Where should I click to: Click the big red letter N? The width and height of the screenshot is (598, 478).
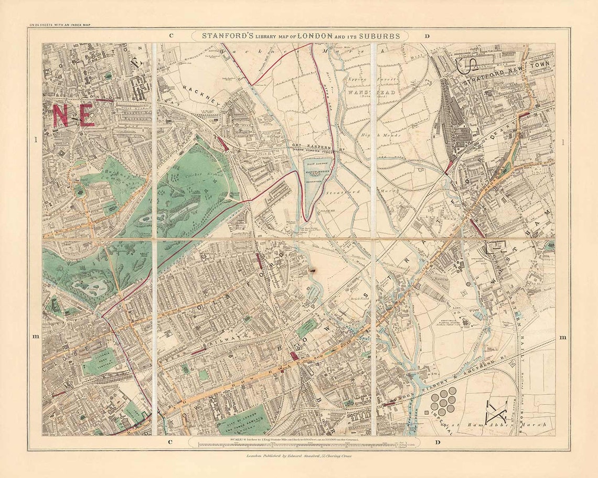click(x=60, y=115)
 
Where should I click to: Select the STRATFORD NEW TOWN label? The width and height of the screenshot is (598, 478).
click(x=507, y=81)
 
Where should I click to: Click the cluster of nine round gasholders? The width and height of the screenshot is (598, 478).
click(x=444, y=401)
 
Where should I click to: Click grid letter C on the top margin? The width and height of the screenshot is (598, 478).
click(x=171, y=36)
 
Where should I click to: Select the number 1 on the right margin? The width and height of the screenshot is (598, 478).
click(x=563, y=142)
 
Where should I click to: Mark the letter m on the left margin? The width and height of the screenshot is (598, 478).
click(x=35, y=336)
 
